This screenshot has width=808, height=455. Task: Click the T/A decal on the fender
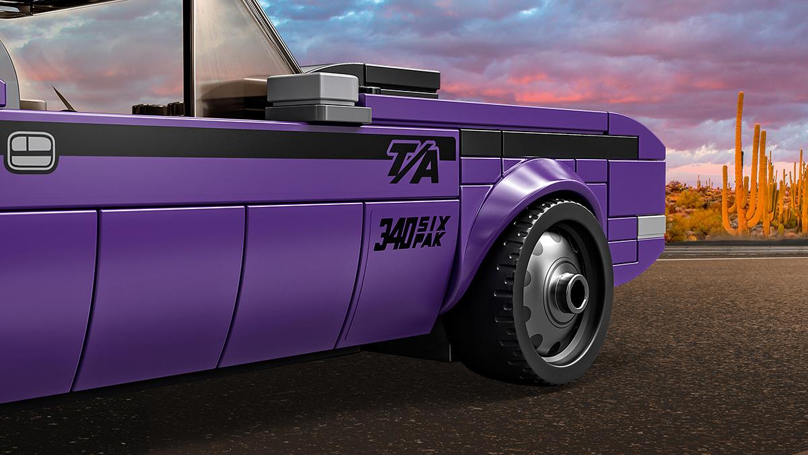(x=413, y=161)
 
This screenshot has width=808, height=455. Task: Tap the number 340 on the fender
(x=396, y=235)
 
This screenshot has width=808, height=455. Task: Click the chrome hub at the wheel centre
(x=571, y=293)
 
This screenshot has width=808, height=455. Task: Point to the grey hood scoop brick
(x=317, y=97)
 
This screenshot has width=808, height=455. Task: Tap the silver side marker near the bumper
(x=652, y=227)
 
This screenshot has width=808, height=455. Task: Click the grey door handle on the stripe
(x=31, y=151)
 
